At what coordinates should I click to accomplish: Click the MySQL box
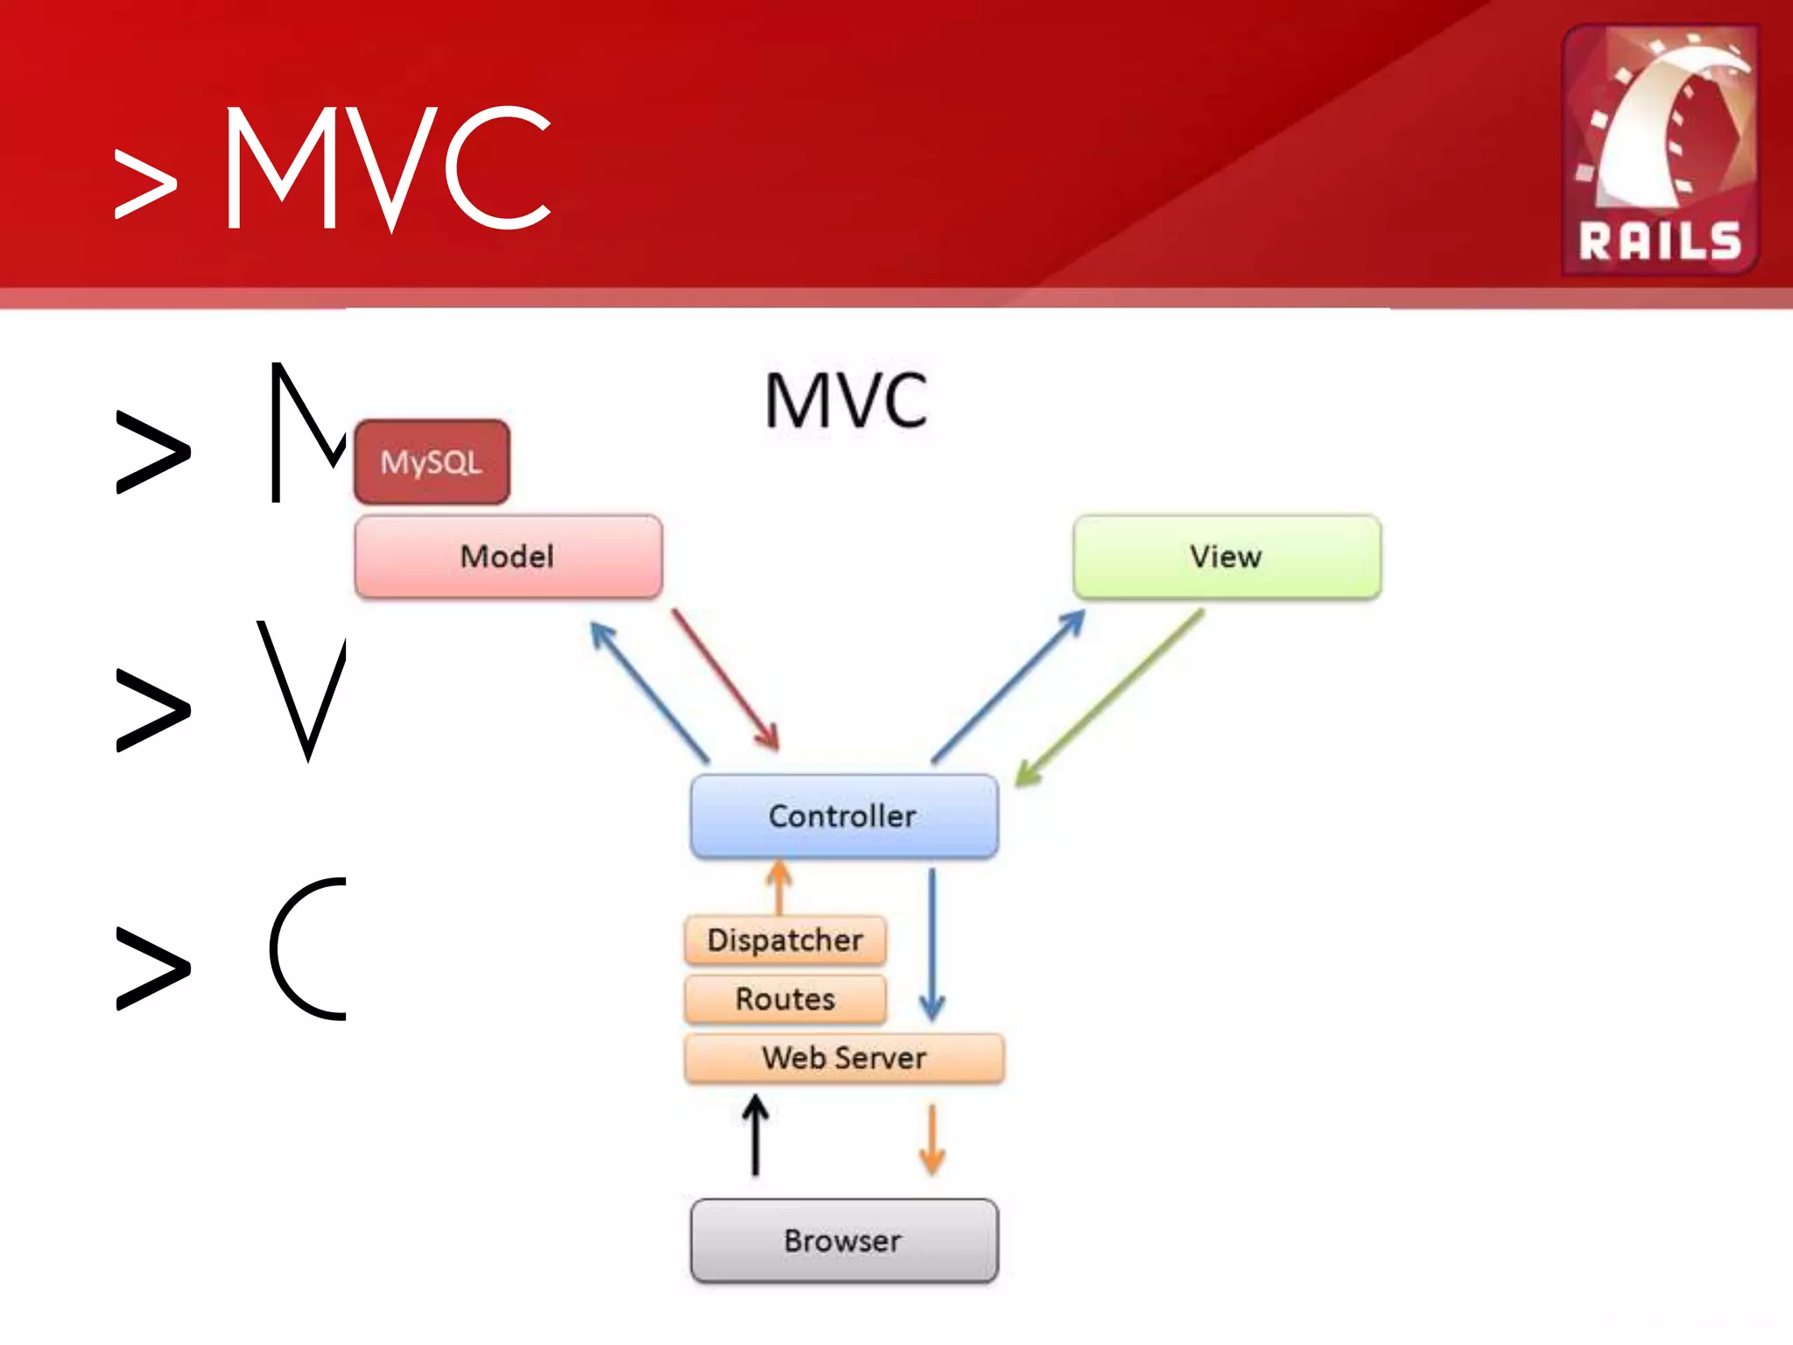coord(432,461)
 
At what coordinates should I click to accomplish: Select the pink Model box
coord(508,557)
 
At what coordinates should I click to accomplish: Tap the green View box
coord(1227,557)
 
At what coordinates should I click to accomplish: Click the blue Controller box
coord(844,816)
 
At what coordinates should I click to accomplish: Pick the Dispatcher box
coord(785,940)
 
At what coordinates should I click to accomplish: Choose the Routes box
coord(785,999)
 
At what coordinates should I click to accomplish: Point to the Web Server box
coord(844,1058)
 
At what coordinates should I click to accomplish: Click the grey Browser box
coord(844,1241)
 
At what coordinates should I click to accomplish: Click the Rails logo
coord(1660,149)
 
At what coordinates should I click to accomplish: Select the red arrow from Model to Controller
coord(725,680)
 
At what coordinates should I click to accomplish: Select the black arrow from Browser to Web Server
coord(756,1136)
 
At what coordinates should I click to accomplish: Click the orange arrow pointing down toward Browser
coord(932,1139)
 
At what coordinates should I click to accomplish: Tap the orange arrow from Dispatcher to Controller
coord(778,886)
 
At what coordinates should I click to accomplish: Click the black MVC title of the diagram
coord(846,401)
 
